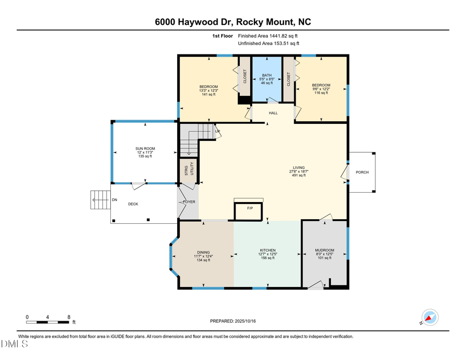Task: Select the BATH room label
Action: (267, 75)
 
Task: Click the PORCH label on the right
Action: (362, 172)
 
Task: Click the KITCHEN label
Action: (267, 250)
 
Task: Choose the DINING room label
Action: (203, 252)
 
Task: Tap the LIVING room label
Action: (299, 167)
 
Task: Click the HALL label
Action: (273, 112)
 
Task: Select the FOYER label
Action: (189, 201)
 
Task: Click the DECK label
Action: (134, 204)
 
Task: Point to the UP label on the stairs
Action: (218, 132)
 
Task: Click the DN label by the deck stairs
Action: (114, 199)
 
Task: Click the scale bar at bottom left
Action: (48, 322)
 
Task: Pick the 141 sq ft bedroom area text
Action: (209, 95)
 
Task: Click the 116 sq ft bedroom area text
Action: (321, 93)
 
